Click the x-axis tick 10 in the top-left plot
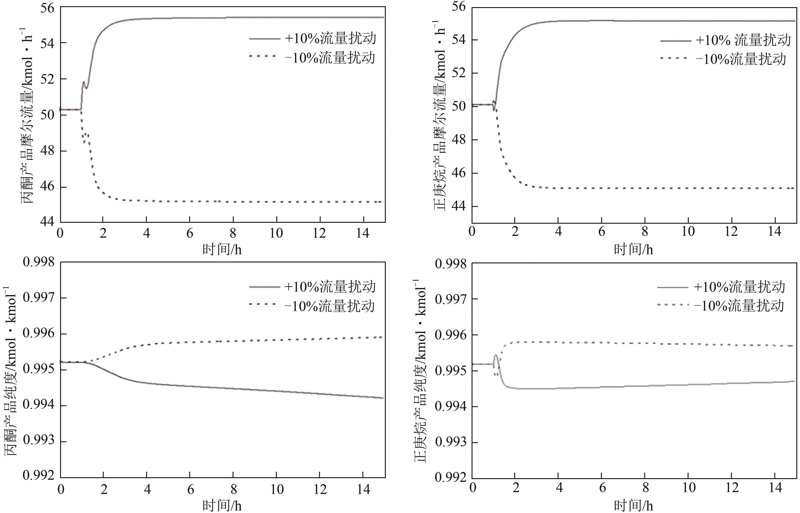point(276,233)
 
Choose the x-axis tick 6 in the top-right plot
point(602,232)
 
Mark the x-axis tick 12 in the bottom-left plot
point(320,489)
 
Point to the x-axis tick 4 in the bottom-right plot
point(559,488)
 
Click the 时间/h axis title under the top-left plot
point(222,249)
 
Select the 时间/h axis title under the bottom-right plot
point(633,506)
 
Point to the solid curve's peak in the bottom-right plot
point(496,356)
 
